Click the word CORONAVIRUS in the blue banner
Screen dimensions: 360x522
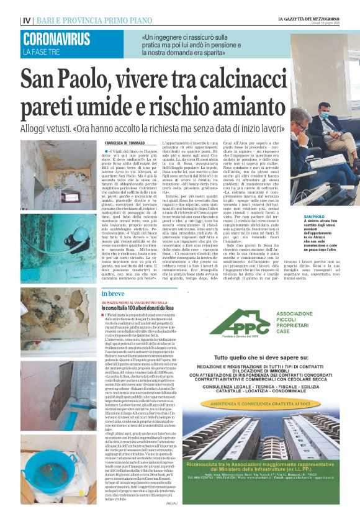pyautogui.click(x=56, y=39)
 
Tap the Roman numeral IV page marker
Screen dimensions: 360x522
pyautogui.click(x=26, y=20)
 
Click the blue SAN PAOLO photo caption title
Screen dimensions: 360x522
pyautogui.click(x=315, y=217)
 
